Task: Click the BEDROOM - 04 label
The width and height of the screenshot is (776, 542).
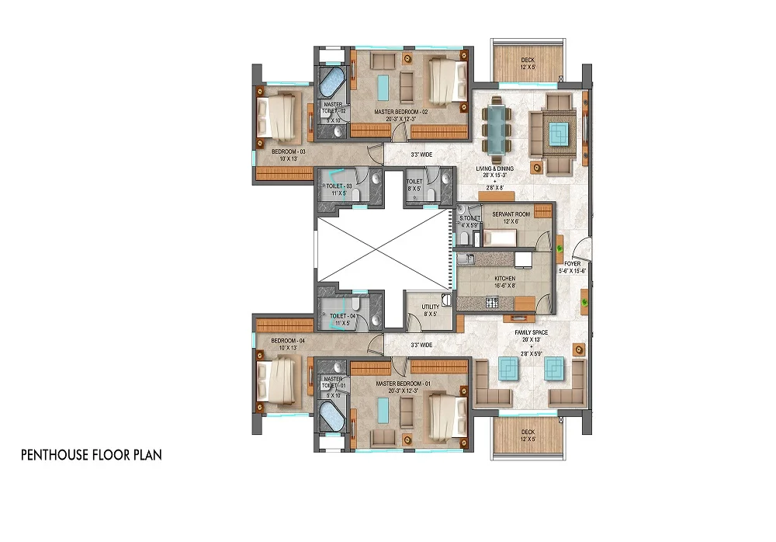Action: (x=285, y=342)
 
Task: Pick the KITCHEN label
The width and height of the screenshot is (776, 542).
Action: (x=505, y=278)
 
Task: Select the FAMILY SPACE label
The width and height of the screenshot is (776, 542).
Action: (x=532, y=332)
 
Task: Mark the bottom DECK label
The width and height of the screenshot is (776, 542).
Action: (x=528, y=432)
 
